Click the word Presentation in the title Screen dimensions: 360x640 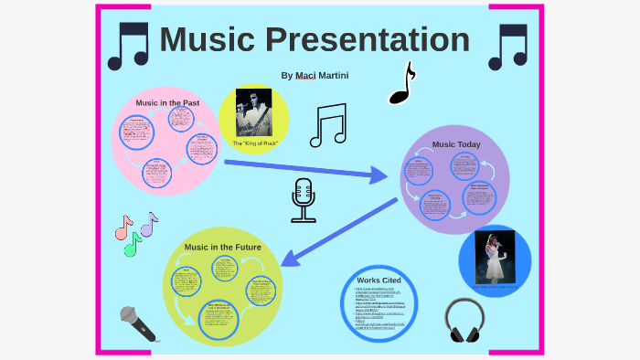[369, 41]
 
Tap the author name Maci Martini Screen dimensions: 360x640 [315, 75]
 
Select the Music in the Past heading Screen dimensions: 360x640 [167, 103]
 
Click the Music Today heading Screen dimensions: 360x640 [456, 144]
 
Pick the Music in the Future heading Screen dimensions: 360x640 [223, 248]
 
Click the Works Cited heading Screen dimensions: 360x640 [379, 279]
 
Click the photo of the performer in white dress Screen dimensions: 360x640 [495, 257]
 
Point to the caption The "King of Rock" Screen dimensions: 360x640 [255, 144]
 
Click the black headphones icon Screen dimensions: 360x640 [468, 321]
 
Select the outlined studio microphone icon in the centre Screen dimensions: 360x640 [304, 201]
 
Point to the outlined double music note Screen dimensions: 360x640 [328, 125]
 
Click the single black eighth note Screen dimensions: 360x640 [401, 84]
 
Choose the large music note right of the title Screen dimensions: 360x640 [507, 47]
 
